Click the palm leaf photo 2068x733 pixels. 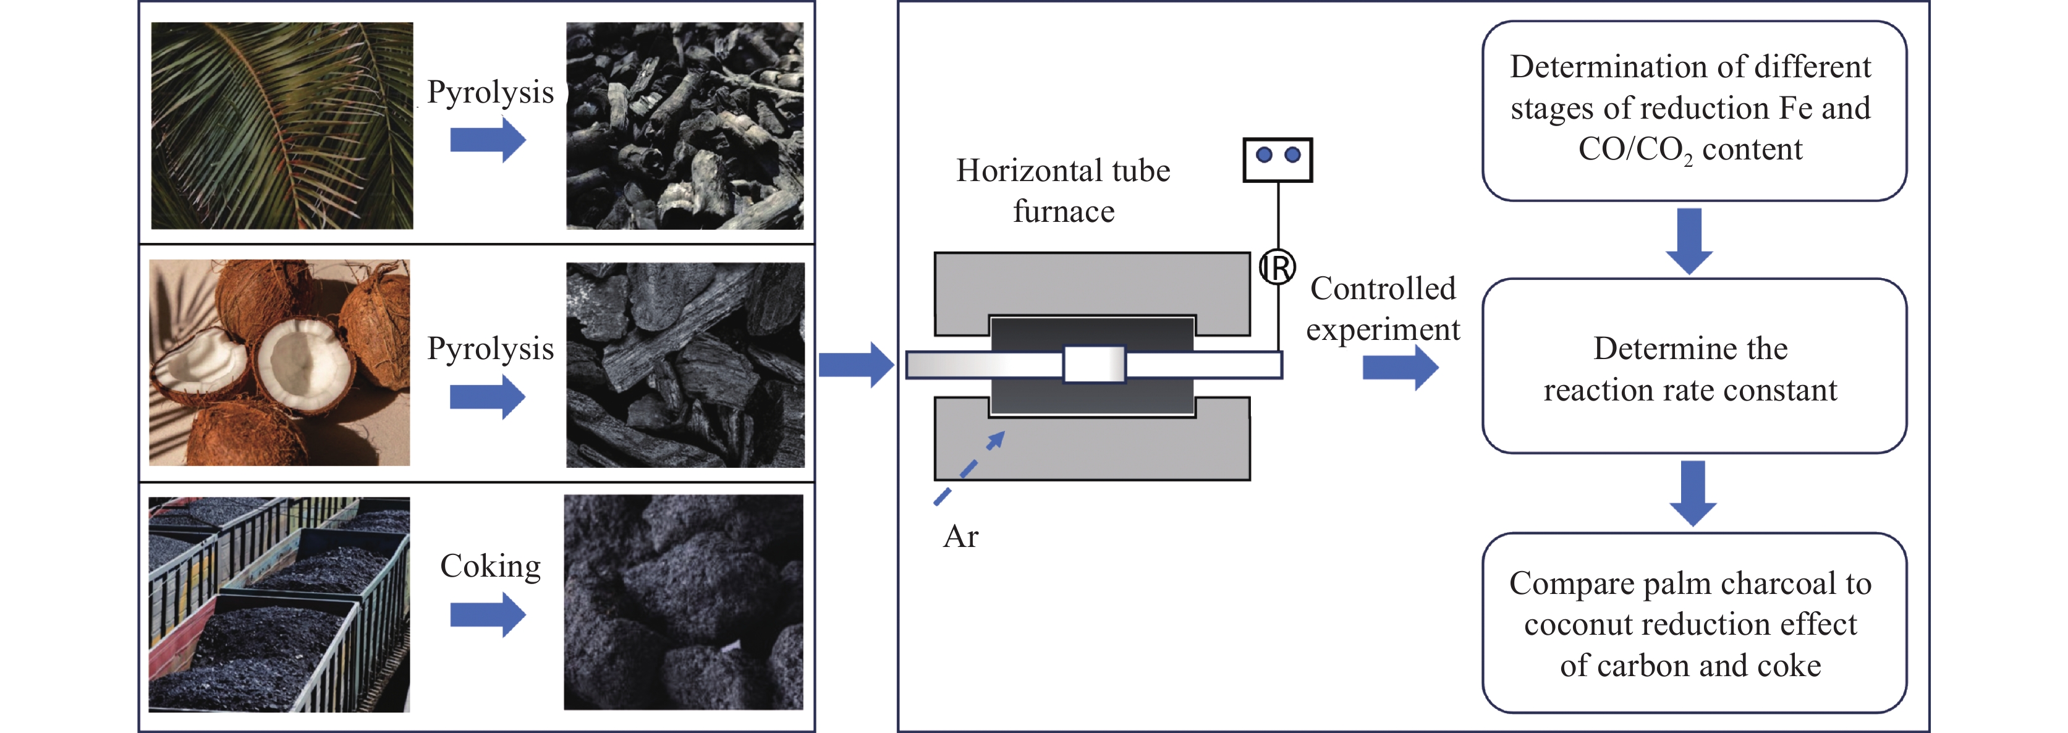click(282, 126)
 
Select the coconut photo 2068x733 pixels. click(279, 363)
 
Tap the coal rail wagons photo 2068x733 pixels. click(279, 604)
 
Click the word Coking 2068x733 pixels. click(491, 566)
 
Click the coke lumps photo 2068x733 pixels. click(683, 602)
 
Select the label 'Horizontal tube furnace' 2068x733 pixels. click(1063, 191)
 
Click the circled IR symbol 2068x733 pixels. click(1276, 268)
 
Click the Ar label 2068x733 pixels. click(961, 536)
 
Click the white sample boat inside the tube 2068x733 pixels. click(1094, 365)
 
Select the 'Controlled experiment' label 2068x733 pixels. click(1383, 309)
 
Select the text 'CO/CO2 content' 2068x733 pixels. click(1690, 150)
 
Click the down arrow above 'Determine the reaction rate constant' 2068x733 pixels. click(1689, 241)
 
